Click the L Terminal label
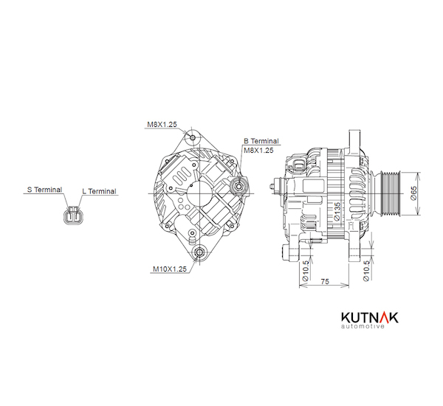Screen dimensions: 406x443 99,191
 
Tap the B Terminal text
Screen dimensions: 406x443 261,140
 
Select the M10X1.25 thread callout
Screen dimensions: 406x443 168,269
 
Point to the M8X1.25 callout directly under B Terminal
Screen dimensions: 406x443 258,150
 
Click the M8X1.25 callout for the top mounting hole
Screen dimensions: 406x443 160,125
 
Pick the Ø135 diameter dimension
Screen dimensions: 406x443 337,210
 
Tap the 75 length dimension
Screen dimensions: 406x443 324,282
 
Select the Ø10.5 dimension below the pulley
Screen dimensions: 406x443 367,271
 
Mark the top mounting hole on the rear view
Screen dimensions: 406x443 193,138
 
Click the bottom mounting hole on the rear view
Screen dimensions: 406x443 199,255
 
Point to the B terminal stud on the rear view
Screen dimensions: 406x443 238,187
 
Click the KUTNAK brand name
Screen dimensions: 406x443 360,317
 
